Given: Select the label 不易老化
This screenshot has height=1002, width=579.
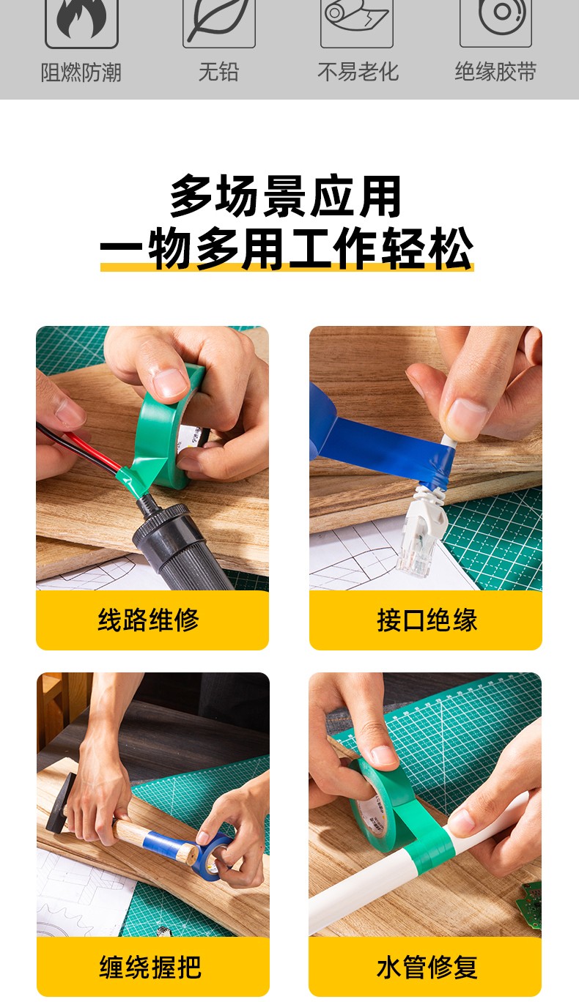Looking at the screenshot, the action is pos(358,72).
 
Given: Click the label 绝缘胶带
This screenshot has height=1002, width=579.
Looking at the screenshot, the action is pos(495,72).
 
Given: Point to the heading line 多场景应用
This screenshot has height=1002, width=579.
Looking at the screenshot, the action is pos(286,196).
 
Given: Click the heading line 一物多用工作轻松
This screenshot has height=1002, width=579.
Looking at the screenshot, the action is pos(287,248).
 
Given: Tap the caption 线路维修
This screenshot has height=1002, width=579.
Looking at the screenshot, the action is pos(149,620).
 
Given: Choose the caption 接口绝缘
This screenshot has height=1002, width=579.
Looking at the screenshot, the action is pos(427,620).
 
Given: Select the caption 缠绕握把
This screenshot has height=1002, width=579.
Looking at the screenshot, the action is pos(150,967).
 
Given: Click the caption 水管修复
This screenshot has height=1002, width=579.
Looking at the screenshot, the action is pos(427,967).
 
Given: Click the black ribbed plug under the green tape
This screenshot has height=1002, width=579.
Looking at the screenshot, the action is pos(179,543).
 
